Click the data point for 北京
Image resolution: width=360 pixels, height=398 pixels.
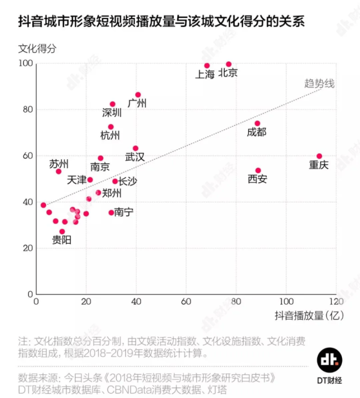[229, 64]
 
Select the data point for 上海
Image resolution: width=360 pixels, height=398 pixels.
[207, 66]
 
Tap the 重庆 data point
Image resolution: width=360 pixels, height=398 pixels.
[319, 156]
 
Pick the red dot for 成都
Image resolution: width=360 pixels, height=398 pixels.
[257, 123]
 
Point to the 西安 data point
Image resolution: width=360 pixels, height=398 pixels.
[258, 170]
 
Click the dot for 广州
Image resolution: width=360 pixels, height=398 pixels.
[138, 95]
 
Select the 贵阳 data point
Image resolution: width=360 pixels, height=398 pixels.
[62, 231]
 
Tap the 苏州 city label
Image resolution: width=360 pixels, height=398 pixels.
[59, 164]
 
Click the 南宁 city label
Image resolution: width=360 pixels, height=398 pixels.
[124, 212]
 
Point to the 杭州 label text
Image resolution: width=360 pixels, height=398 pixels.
[110, 135]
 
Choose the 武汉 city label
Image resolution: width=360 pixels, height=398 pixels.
[134, 157]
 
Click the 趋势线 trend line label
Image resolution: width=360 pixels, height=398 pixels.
[319, 83]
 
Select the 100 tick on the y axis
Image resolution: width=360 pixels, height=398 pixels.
[25, 64]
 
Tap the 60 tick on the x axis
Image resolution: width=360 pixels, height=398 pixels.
[186, 302]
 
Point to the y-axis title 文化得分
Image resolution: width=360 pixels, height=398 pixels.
[37, 49]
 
